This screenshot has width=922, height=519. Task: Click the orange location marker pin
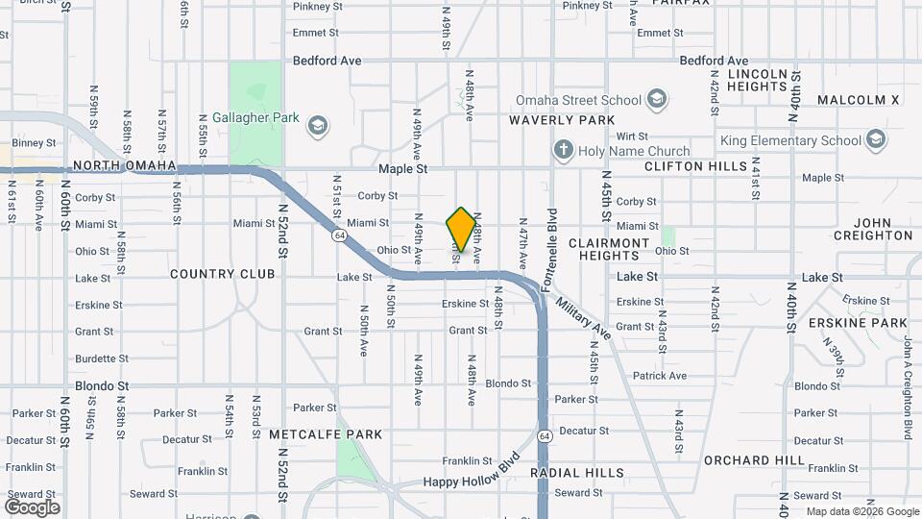coord(461,230)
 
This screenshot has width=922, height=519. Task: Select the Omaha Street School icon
coord(657,99)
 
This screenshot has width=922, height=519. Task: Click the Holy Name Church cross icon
coord(563,151)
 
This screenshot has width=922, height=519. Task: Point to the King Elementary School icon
coord(875,140)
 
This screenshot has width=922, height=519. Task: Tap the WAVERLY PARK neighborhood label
coord(562,120)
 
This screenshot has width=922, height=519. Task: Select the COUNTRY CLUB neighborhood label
coord(222,274)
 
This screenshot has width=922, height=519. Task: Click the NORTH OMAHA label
coord(124,165)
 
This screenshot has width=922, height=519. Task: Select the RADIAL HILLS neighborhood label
coord(577,473)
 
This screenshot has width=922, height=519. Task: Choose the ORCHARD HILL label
coord(754,460)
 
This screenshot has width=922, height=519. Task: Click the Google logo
coord(32,507)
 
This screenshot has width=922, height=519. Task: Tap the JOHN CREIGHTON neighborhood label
coord(873,229)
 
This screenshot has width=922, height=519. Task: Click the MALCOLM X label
coord(858,100)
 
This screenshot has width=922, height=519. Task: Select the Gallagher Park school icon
coord(317,124)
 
